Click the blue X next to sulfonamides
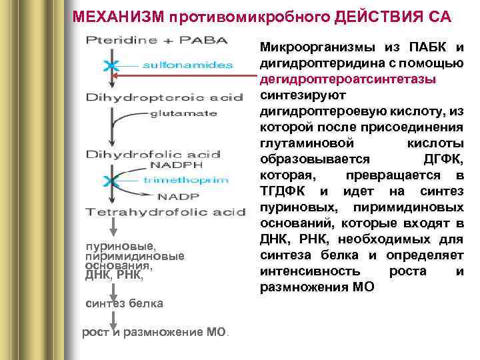click(x=111, y=65)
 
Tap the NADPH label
click(x=175, y=165)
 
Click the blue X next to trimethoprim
click(x=111, y=180)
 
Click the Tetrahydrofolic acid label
click(x=165, y=212)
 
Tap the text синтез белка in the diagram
click(x=125, y=303)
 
